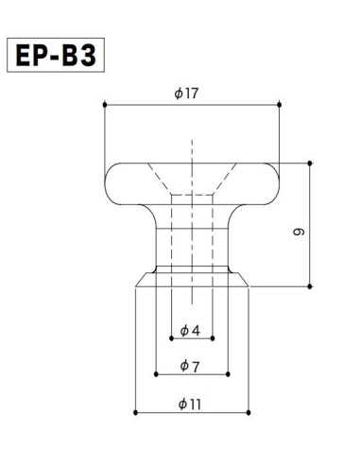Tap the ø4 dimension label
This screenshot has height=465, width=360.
[x=190, y=330]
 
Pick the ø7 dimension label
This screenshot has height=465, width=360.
[x=190, y=366]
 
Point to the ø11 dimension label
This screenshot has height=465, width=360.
[x=191, y=404]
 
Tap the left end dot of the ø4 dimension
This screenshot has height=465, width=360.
[x=171, y=338]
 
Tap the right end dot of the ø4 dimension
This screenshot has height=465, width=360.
[x=213, y=338]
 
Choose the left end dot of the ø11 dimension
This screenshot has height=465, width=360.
[x=136, y=413]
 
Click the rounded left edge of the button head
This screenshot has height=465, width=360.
[x=105, y=178]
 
